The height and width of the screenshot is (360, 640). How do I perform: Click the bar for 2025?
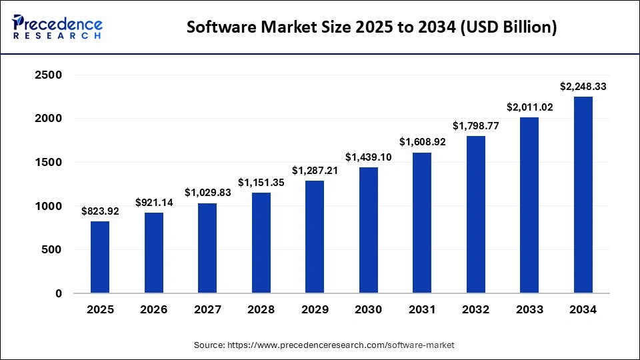pos(100,257)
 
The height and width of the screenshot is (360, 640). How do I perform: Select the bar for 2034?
pos(583,195)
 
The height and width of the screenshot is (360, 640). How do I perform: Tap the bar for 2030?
pos(368,230)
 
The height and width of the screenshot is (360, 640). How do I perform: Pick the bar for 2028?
pos(261,243)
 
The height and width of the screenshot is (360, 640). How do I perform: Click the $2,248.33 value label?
pos(583,87)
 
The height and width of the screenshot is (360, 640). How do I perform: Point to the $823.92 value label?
pos(100,211)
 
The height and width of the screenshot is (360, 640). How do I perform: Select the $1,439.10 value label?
pos(368,157)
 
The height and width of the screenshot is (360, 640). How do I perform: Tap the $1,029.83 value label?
pos(207,193)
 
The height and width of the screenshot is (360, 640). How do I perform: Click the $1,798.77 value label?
pos(475,126)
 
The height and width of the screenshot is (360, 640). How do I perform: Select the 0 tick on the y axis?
pos(58,293)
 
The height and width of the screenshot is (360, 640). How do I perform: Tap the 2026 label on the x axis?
pos(153,310)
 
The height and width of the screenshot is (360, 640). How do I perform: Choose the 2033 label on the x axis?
pos(529,310)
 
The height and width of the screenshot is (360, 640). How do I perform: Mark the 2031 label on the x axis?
pos(422,310)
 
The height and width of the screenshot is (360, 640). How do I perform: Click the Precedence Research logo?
pos(57,27)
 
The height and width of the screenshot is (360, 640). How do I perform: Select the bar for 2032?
pos(475,215)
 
